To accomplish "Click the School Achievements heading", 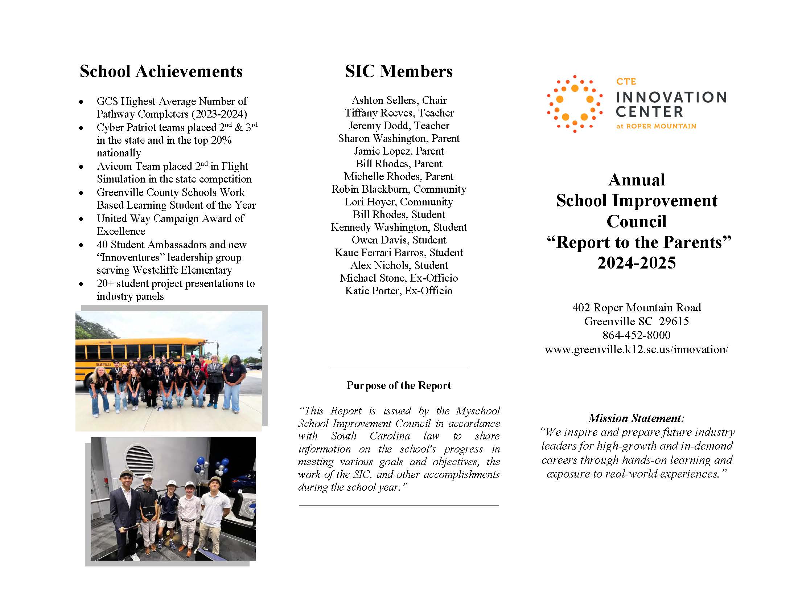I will point(161,71).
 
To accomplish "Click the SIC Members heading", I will point(398,71).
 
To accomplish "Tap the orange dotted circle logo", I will point(574,104).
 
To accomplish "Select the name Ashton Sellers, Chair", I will point(399,100).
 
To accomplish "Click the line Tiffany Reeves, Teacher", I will point(399,113).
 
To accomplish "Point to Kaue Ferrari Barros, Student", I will point(398,253).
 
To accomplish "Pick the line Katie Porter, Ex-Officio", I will point(398,291).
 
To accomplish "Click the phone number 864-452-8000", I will point(636,335).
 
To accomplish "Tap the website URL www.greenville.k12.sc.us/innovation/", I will point(636,349).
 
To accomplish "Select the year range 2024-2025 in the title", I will point(636,263).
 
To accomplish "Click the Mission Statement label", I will point(636,418).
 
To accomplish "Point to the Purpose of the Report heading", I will point(398,385).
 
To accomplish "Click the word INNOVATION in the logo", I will point(671,97).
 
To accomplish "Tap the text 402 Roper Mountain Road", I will point(636,307).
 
